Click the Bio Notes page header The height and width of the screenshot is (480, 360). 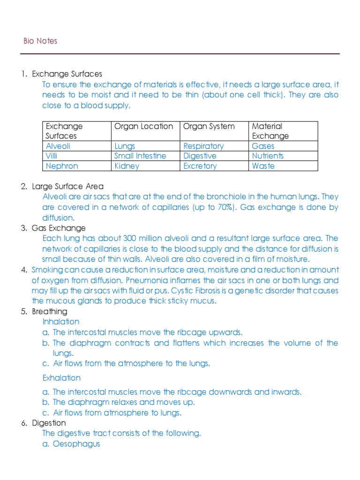(x=40, y=41)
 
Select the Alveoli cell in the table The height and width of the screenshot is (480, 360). (x=58, y=146)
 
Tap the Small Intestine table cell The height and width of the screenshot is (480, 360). (x=140, y=156)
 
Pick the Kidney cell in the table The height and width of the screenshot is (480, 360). (x=127, y=166)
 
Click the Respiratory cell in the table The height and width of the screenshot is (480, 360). (x=203, y=146)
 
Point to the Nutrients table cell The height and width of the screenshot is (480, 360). (x=268, y=156)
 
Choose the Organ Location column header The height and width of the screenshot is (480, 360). (x=144, y=126)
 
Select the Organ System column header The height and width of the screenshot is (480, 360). (x=209, y=126)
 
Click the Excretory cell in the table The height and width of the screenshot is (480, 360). (x=200, y=166)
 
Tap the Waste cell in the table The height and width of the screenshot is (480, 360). (x=263, y=166)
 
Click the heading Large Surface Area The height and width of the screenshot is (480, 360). (x=67, y=187)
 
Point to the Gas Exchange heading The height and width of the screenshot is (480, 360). (x=59, y=228)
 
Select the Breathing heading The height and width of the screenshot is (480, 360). (x=50, y=312)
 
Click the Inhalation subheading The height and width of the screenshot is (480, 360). (x=61, y=322)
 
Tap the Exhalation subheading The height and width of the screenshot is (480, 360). (x=61, y=378)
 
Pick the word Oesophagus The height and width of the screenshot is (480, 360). (x=76, y=443)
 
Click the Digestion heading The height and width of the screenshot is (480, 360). (x=49, y=423)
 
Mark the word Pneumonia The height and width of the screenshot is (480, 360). (x=174, y=281)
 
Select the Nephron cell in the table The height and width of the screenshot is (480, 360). (x=62, y=166)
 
